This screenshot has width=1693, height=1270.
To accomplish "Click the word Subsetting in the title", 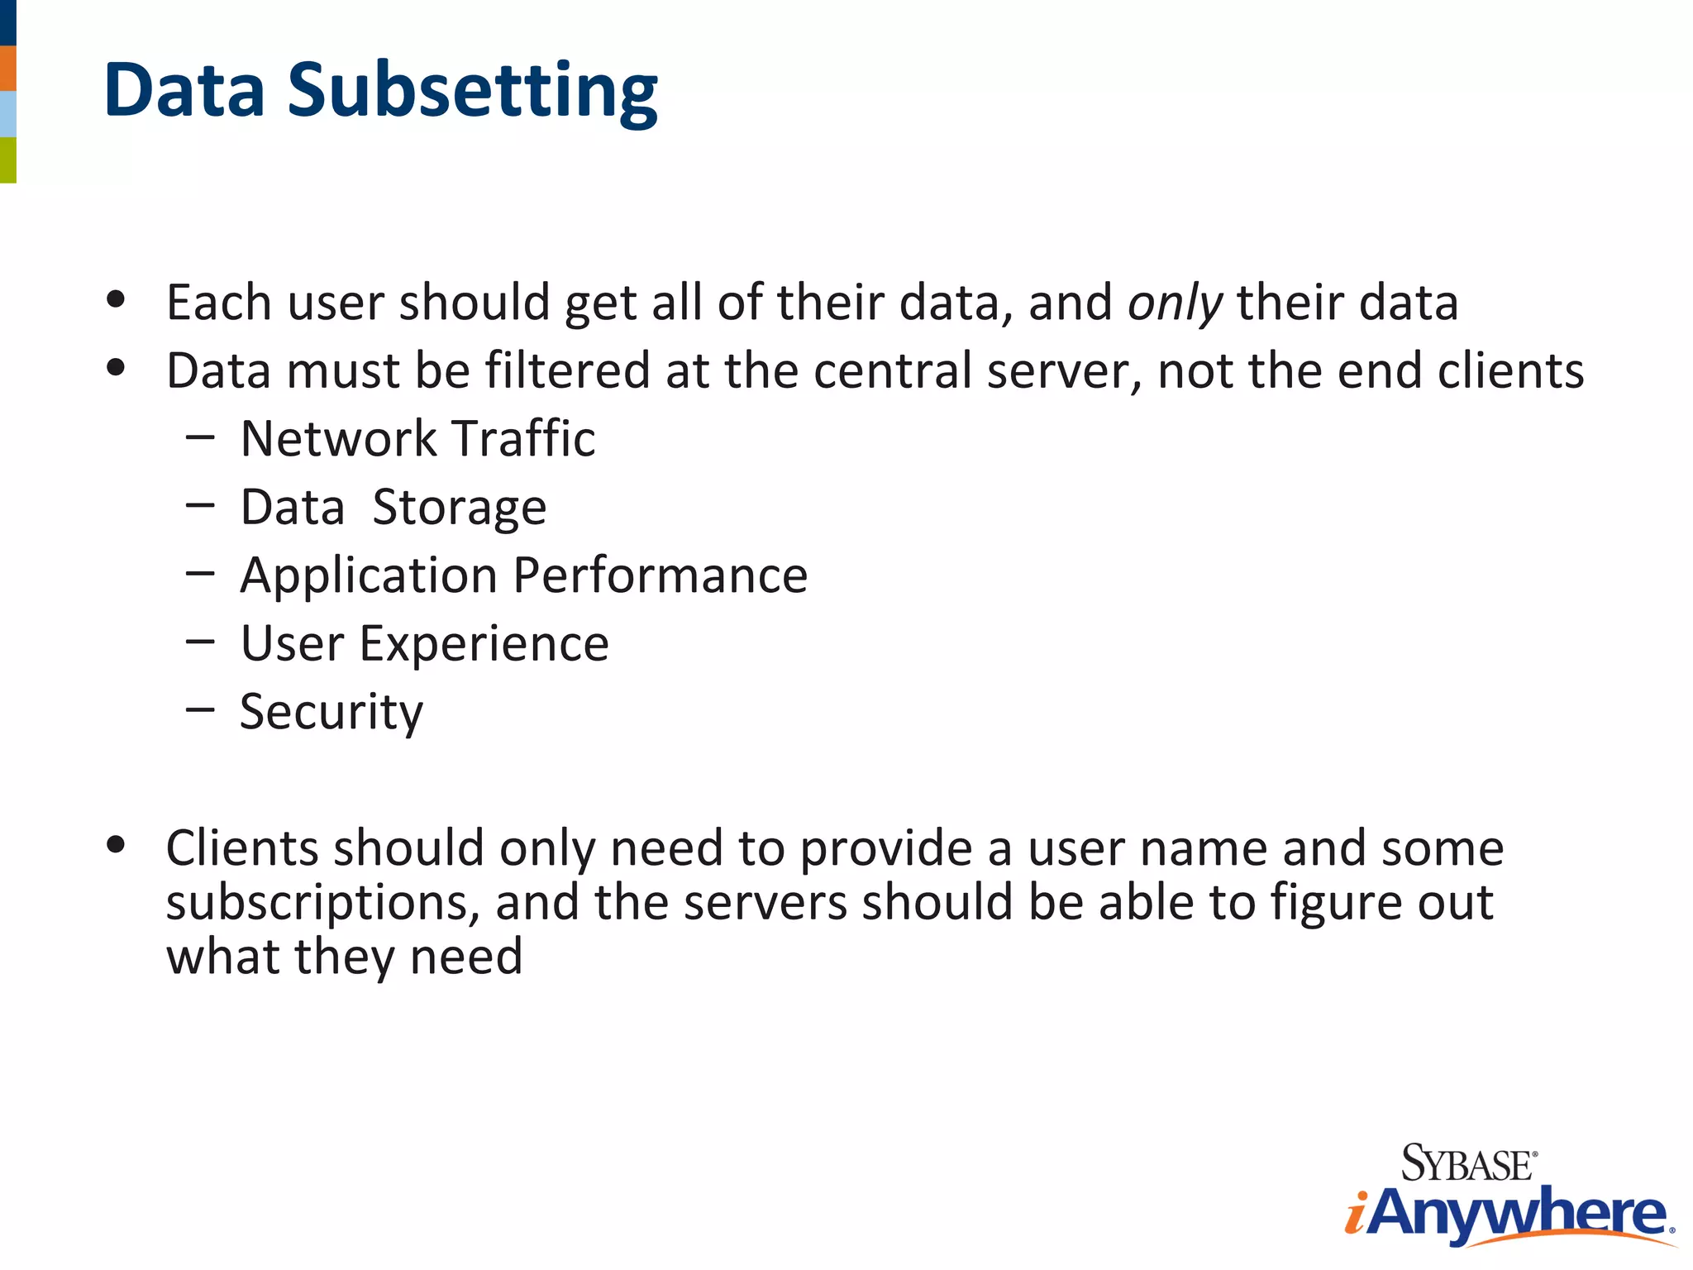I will pos(472,91).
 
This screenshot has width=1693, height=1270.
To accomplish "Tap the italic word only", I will pos(1175,303).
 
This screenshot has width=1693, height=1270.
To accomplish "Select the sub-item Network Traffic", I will pos(417,438).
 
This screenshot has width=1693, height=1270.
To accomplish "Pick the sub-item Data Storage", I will pos(393,507).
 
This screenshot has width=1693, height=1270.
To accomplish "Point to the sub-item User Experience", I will pos(424,643).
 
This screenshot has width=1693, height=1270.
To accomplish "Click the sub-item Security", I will pos(331,712).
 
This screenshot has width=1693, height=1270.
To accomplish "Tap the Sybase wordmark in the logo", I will pos(1468,1163).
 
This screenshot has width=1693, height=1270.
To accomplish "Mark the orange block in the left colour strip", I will pos(7,68).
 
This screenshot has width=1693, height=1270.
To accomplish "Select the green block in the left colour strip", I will pos(7,160).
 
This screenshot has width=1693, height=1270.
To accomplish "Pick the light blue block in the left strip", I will pos(7,114).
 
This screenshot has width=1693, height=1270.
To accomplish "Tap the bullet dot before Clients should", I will pos(116,845).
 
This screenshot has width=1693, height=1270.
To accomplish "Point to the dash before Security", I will pos(200,709).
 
